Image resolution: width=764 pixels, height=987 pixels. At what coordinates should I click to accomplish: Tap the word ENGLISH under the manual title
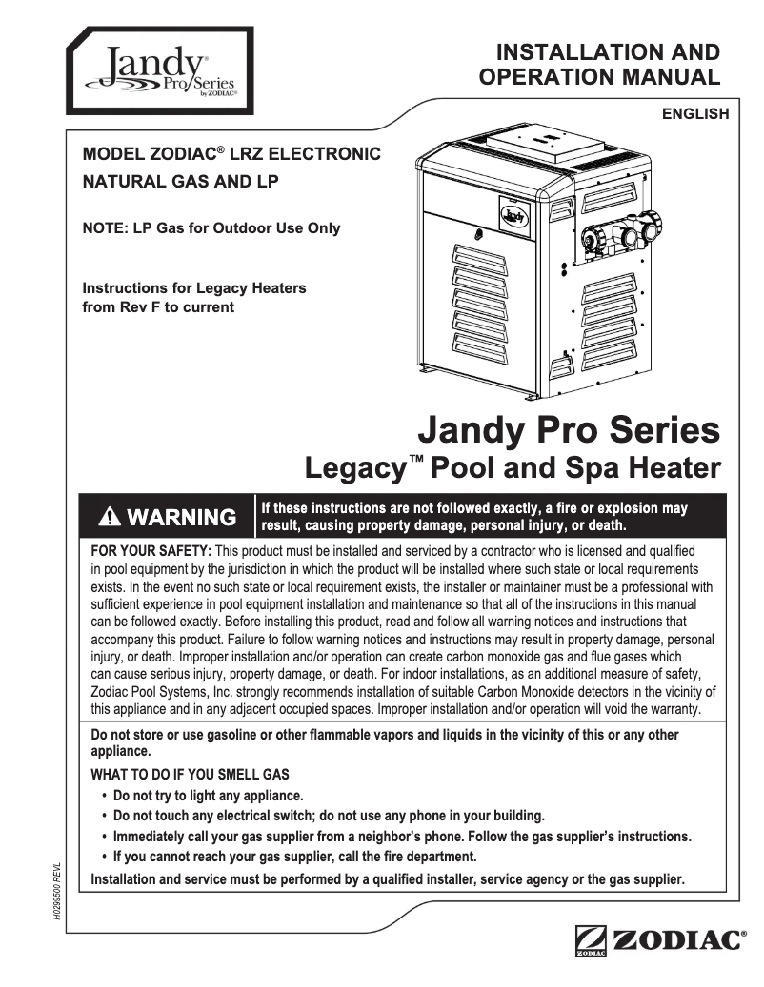click(x=695, y=114)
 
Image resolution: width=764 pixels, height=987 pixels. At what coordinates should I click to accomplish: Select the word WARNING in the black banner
click(x=181, y=517)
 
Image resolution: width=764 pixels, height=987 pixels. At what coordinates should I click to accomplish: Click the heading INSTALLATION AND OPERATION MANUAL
click(x=599, y=64)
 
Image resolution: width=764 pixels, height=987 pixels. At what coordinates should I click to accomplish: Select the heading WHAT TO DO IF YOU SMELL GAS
click(x=190, y=775)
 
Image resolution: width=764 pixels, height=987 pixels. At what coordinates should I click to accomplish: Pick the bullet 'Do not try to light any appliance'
click(x=208, y=795)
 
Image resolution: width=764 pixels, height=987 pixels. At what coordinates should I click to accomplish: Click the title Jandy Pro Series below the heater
click(x=569, y=430)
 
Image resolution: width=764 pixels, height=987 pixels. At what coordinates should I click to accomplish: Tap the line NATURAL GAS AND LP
click(x=180, y=181)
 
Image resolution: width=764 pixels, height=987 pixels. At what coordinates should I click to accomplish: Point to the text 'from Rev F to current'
click(x=158, y=306)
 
